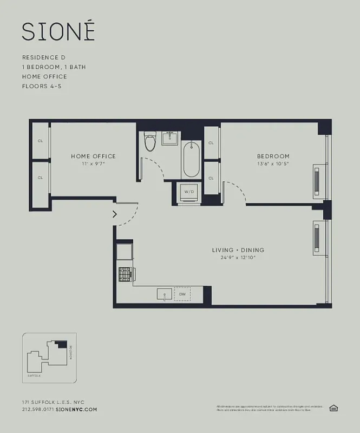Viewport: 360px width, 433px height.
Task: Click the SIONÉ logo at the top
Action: (58, 31)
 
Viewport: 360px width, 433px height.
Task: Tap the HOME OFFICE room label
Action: (93, 156)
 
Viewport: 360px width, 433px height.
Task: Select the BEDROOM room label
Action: (273, 156)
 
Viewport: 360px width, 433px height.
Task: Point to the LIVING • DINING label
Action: (238, 250)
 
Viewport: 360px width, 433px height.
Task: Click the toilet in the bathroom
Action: (150, 142)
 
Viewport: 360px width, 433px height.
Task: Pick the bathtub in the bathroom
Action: (191, 160)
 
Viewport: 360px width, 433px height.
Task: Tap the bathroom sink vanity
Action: (171, 137)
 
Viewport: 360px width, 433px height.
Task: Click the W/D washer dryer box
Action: (189, 192)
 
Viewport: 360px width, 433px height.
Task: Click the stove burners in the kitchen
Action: (125, 274)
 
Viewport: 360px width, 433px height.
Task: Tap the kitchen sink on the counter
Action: (165, 294)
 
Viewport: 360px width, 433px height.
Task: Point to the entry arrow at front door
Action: (114, 214)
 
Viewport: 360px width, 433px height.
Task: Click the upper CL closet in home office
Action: (41, 141)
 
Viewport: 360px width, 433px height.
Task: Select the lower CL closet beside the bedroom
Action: (211, 178)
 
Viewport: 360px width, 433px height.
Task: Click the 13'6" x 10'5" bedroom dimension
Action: (273, 164)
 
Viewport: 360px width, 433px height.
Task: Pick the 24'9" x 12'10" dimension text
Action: (238, 258)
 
